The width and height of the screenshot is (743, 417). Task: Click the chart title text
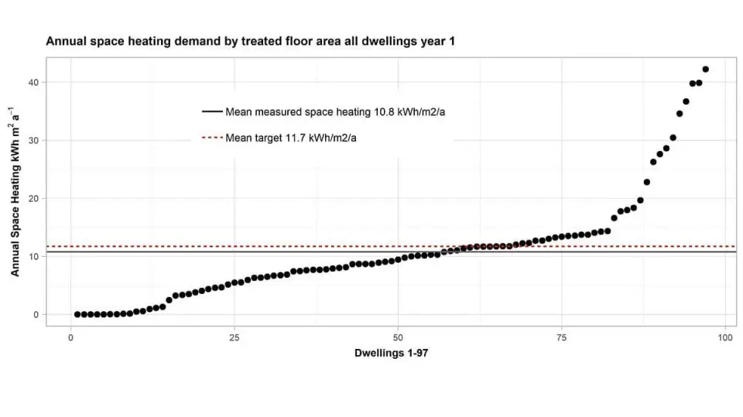coord(250,41)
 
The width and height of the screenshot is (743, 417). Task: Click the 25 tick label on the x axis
coord(235,337)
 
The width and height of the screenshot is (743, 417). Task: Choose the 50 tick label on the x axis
coord(399,337)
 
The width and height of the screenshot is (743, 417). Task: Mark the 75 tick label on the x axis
coord(562,337)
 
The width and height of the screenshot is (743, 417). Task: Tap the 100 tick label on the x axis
coord(725,337)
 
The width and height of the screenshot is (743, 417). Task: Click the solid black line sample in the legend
coord(211,112)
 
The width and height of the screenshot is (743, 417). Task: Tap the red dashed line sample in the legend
coord(211,138)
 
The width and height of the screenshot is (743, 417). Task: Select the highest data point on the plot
coord(705,70)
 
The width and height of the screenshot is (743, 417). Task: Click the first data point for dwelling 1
coord(77,314)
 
